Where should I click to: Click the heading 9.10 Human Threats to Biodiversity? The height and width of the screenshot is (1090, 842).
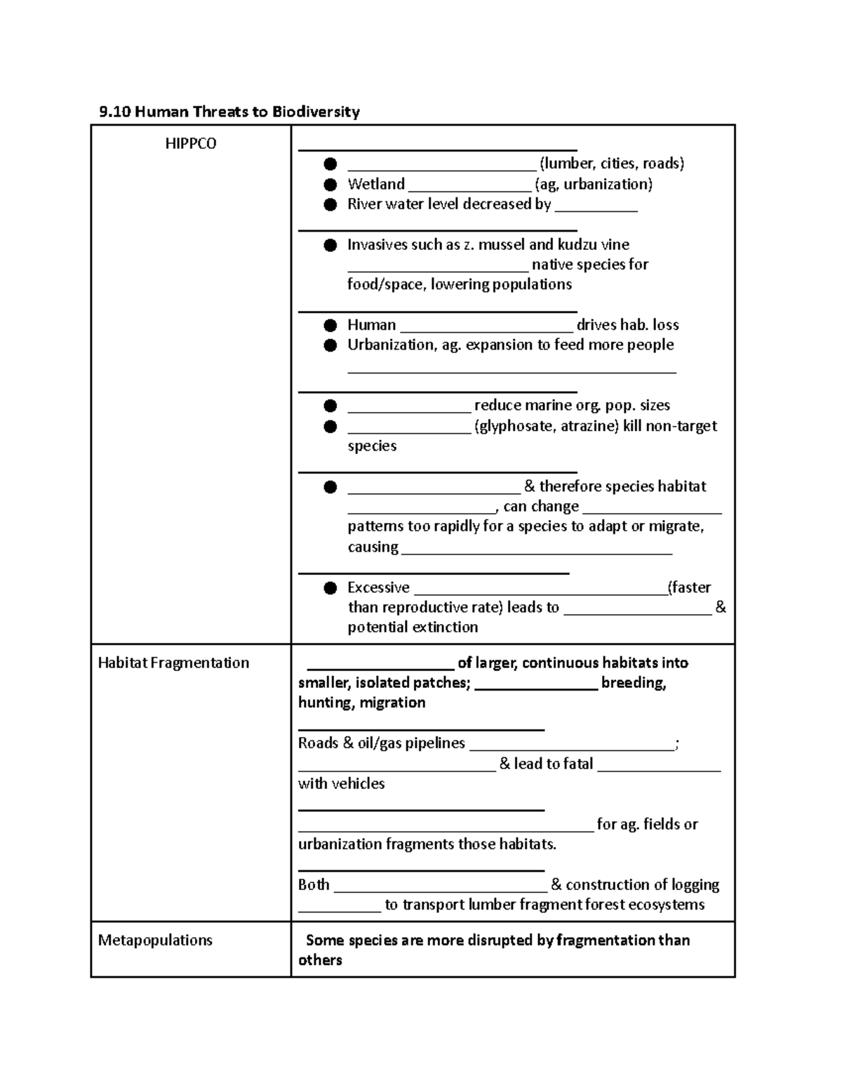(229, 112)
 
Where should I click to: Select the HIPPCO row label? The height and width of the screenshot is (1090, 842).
(190, 144)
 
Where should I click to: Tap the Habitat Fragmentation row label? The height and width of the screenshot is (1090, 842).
(173, 663)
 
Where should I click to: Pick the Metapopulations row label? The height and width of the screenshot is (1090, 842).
(155, 940)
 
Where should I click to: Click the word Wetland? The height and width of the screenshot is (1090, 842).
(376, 184)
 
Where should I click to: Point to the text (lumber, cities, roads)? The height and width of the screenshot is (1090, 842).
(611, 164)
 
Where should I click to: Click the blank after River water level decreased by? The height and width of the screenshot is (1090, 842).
(596, 208)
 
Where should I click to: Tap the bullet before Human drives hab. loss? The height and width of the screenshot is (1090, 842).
(330, 325)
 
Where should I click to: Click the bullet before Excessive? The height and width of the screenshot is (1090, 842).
(330, 588)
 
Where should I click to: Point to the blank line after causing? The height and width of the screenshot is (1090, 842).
(536, 552)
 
